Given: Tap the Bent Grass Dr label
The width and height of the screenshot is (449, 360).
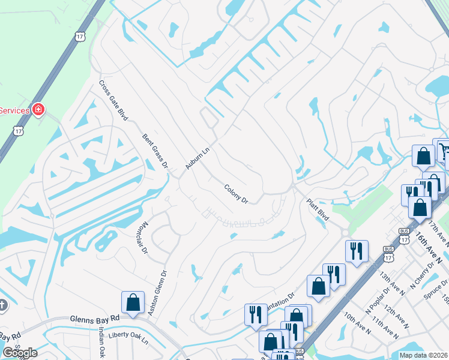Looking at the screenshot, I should pos(155,151).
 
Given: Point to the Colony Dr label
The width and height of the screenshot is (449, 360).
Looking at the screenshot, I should pos(236,194).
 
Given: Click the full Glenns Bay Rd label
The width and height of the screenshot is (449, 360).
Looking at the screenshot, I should pos(95,320).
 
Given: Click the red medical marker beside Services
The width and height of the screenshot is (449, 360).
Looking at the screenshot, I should pos(38,109).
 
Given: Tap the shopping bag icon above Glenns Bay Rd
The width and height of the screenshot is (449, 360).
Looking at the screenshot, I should pos(133,302).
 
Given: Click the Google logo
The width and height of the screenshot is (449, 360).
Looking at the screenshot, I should pos(20,353).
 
